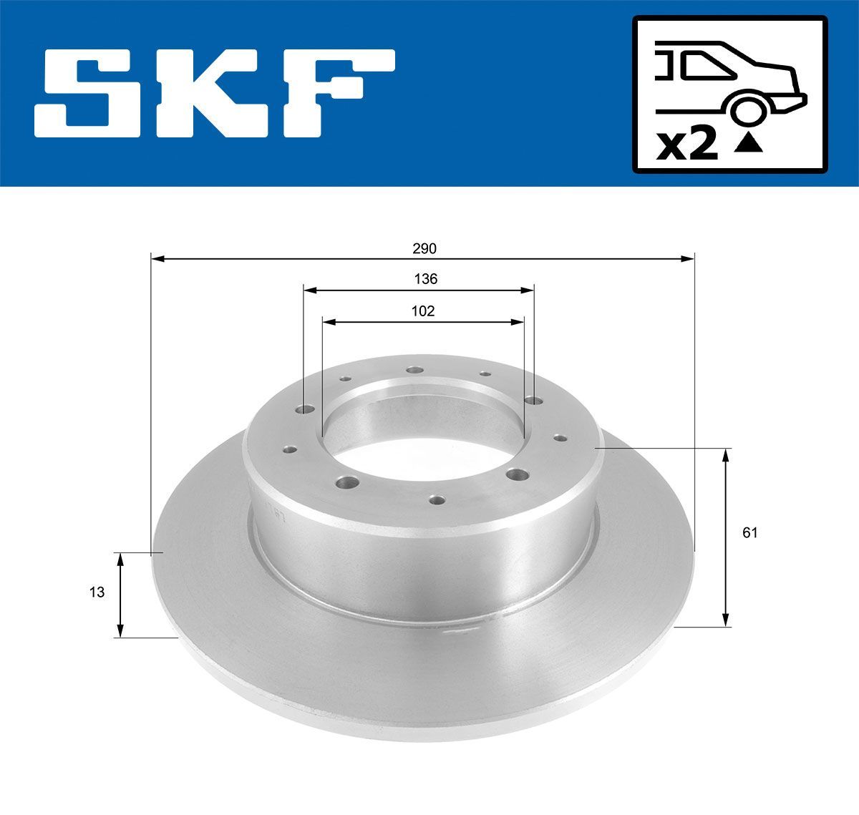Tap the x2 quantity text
[x=687, y=145]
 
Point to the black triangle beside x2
[x=749, y=145]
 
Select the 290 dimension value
[x=424, y=248]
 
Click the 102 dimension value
[x=423, y=311]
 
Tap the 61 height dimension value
[x=749, y=532]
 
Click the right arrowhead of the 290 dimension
[x=688, y=258]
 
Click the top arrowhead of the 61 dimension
[x=726, y=455]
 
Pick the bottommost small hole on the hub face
[x=436, y=498]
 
